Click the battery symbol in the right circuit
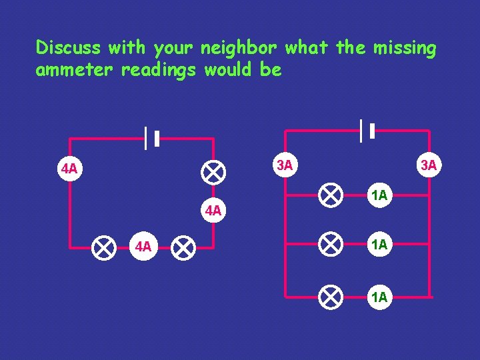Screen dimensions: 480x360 [366, 131]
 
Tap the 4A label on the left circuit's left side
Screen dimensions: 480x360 [69, 169]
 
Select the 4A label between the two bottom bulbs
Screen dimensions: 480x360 [143, 248]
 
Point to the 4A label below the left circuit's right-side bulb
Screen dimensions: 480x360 [213, 211]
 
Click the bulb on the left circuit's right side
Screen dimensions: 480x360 [213, 172]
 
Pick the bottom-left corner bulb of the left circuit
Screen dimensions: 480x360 [103, 248]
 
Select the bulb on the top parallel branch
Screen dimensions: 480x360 [329, 195]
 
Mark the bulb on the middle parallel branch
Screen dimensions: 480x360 [329, 244]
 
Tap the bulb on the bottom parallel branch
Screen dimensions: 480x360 [329, 296]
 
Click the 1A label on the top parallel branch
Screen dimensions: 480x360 [379, 195]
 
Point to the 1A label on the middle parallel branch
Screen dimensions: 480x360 [379, 245]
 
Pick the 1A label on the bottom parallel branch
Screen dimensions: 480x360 [379, 297]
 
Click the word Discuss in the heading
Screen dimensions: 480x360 [67, 48]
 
